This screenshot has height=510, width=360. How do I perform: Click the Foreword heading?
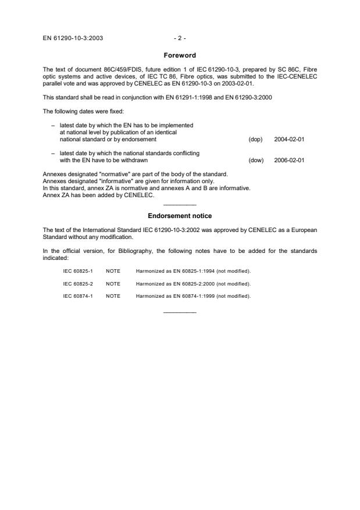coord(180,56)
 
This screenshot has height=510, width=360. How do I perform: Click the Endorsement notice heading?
coord(180,216)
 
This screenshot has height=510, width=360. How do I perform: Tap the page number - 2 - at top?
coord(180,39)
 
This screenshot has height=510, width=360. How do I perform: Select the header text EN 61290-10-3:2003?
coord(73,39)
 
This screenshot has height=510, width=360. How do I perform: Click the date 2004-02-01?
coord(289,140)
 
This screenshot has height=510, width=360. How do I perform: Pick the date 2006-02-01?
coord(289,160)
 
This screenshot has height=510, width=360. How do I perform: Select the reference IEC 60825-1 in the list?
coord(78,271)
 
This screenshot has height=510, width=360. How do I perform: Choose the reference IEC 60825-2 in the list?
coord(78,283)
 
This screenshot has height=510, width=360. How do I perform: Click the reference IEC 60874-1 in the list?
coord(78,295)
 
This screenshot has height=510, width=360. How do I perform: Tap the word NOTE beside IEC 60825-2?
coord(113,283)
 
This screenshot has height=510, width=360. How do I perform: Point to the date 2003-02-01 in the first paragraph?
coord(237,84)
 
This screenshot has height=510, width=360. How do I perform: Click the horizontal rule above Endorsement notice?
coord(180,205)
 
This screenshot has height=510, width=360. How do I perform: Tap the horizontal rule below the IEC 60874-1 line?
coord(180,312)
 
